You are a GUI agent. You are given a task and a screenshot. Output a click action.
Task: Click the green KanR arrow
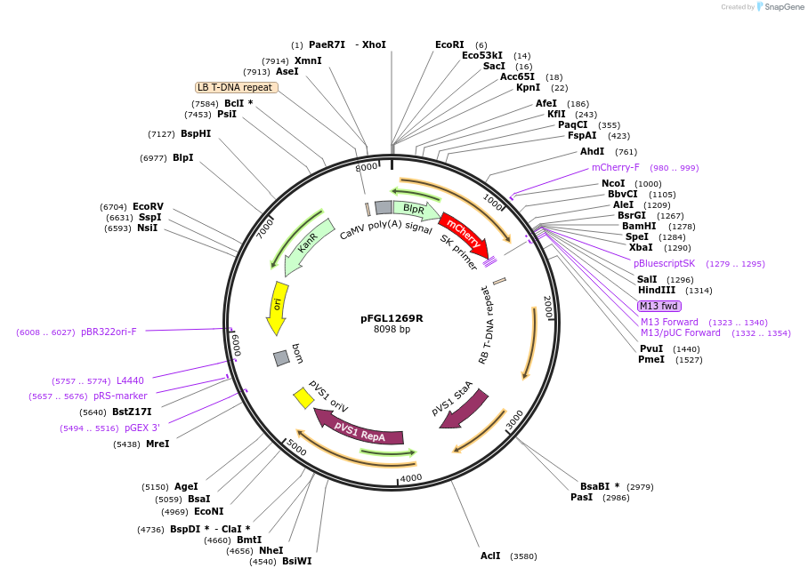pyautogui.click(x=303, y=242)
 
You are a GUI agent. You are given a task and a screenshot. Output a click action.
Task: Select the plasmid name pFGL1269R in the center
pyautogui.click(x=392, y=317)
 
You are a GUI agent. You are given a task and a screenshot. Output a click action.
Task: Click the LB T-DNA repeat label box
pyautogui.click(x=237, y=87)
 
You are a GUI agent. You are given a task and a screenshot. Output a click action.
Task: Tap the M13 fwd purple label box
pyautogui.click(x=659, y=306)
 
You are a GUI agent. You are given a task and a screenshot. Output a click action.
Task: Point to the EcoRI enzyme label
pyautogui.click(x=449, y=44)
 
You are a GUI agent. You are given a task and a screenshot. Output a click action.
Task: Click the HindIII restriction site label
pyautogui.click(x=656, y=290)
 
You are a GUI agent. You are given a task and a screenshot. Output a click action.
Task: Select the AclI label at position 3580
pyautogui.click(x=490, y=556)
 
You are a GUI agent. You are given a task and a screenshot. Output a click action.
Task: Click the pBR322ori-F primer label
pyautogui.click(x=109, y=332)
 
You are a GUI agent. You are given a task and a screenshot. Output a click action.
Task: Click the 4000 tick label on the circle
pyautogui.click(x=410, y=478)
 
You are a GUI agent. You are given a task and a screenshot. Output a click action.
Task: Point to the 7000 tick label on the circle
pyautogui.click(x=265, y=228)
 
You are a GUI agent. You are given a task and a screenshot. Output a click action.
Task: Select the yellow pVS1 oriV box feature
pyautogui.click(x=303, y=398)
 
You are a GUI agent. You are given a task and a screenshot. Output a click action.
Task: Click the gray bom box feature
pyautogui.click(x=281, y=357)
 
